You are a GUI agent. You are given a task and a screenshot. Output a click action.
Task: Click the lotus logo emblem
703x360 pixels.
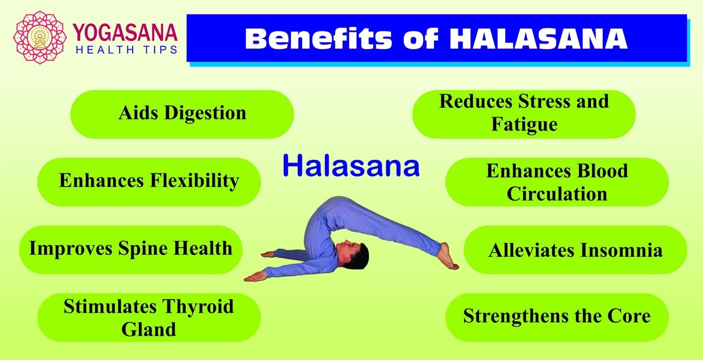click(40, 37)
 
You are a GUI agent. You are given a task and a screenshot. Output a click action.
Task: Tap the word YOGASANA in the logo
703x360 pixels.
click(125, 33)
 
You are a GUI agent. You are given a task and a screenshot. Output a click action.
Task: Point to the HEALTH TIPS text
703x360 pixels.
click(126, 49)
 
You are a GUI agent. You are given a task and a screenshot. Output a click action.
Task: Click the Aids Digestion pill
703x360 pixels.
click(182, 114)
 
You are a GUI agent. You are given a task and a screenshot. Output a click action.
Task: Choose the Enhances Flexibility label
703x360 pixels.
click(149, 181)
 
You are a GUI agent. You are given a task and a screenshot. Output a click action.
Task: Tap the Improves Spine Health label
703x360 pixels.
click(131, 249)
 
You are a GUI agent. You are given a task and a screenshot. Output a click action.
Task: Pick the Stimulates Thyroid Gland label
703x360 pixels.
click(149, 317)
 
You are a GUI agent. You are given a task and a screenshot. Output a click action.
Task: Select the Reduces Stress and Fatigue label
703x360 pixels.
click(524, 114)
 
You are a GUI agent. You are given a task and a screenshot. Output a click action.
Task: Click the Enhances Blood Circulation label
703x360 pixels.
click(557, 182)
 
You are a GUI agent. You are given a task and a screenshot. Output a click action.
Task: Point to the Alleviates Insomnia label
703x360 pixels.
click(576, 250)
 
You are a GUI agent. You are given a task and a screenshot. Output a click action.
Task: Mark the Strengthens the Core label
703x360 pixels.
click(557, 316)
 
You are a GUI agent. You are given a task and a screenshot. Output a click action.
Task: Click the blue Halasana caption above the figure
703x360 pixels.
click(351, 166)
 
